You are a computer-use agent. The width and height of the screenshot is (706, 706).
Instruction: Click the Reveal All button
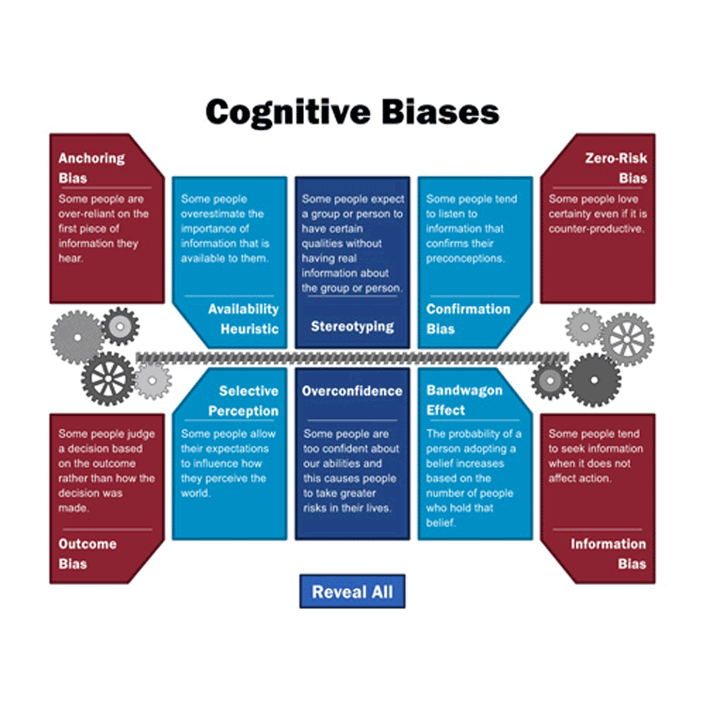point(352,592)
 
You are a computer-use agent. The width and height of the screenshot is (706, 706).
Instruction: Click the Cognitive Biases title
point(352,112)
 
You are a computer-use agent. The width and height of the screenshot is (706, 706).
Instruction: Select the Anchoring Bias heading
point(91,168)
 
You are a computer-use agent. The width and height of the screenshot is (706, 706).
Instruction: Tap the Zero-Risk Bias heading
point(613,168)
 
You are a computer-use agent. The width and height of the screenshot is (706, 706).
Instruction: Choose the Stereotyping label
point(352,328)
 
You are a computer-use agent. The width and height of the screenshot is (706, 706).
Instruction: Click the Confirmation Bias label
point(468,319)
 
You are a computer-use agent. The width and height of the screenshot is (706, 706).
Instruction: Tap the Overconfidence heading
point(352,391)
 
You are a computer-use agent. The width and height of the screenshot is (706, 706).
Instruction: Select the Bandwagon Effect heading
point(464,400)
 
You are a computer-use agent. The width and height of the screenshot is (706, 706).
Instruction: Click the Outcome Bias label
point(88,554)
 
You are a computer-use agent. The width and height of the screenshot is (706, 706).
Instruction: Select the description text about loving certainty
point(596,214)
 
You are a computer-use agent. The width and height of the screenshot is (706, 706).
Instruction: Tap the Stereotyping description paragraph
point(352,243)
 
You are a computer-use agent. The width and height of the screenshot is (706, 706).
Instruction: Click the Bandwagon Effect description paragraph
point(473,478)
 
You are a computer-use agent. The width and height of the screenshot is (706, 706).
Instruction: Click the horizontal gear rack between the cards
point(352,358)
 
